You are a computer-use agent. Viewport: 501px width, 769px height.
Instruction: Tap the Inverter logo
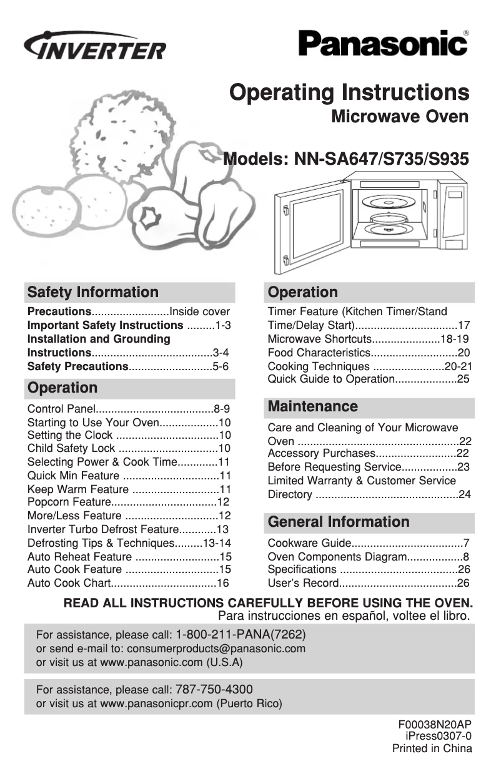[95, 46]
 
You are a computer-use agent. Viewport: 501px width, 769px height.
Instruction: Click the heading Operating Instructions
[349, 92]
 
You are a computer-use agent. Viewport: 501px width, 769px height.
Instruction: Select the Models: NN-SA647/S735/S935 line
[346, 159]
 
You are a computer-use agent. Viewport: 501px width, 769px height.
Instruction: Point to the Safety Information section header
[93, 292]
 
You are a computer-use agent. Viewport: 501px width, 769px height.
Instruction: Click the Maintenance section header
[313, 407]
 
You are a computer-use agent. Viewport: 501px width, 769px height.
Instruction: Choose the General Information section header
[339, 522]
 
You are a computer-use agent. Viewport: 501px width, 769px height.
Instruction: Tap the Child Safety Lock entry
[72, 449]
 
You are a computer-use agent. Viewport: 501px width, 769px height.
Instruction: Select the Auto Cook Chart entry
[69, 584]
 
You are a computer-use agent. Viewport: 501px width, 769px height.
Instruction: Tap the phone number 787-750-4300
[214, 690]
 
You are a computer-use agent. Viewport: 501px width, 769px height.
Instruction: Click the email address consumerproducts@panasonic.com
[216, 649]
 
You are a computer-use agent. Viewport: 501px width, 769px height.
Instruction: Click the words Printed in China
[432, 748]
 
